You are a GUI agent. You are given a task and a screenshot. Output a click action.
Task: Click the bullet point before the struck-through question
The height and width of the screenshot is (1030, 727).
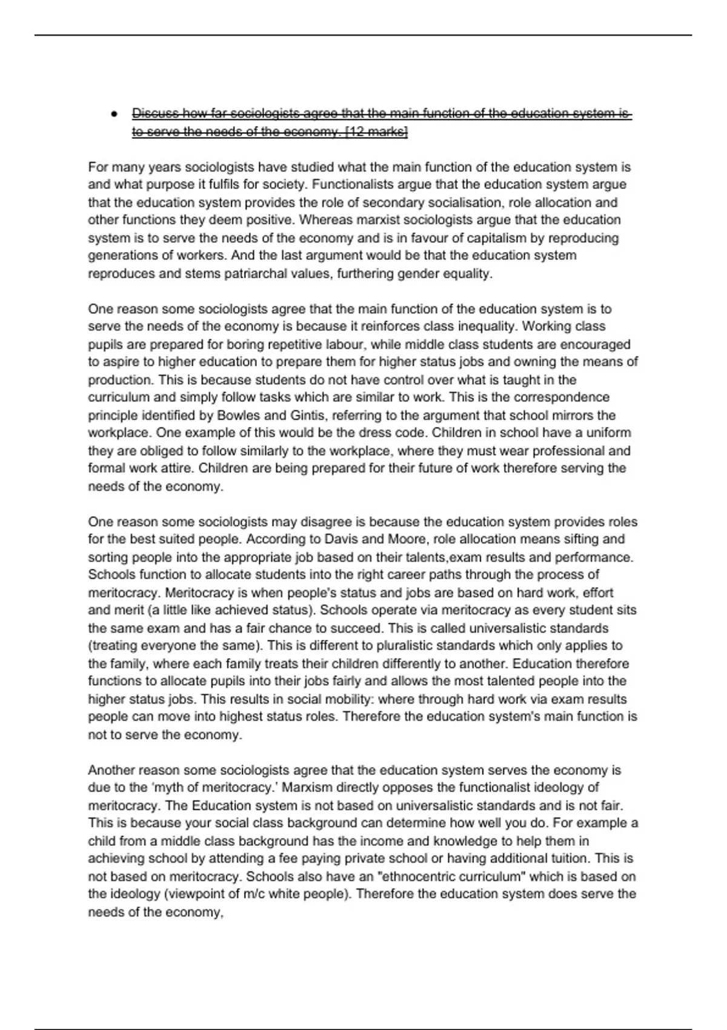click(x=113, y=114)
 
